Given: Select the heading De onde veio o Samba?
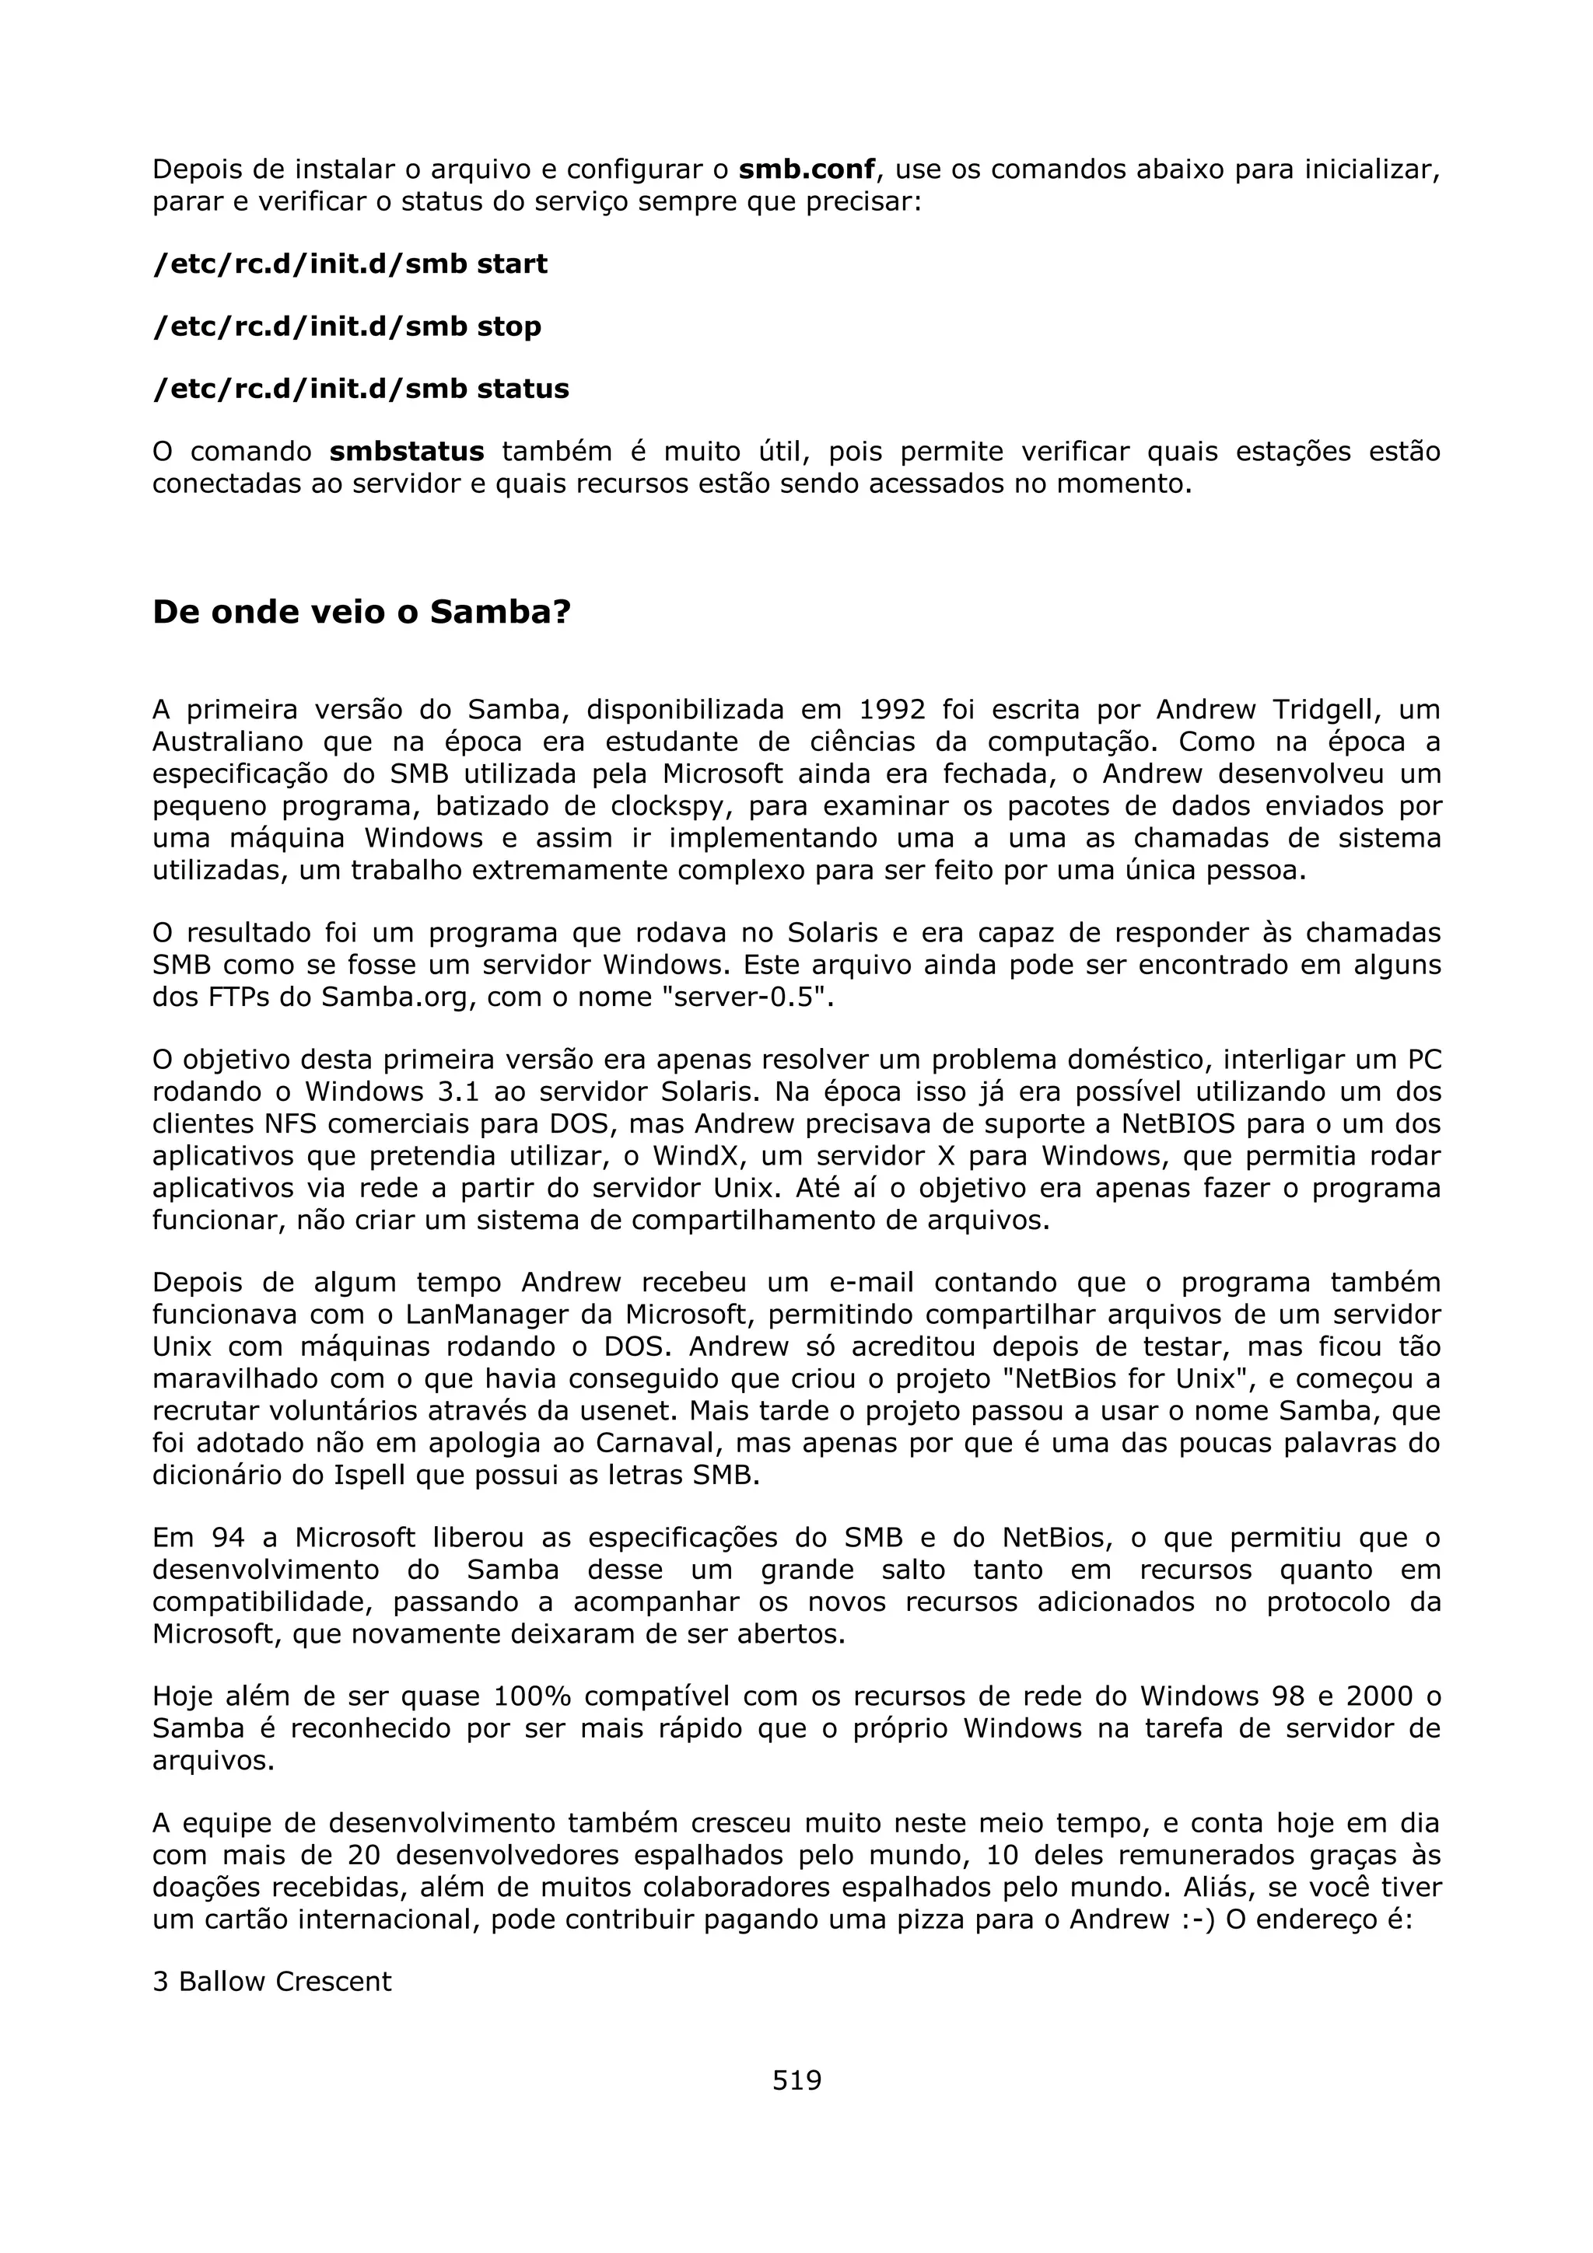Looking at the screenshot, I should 361,613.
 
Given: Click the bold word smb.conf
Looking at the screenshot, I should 806,169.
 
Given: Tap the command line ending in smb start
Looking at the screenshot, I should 350,264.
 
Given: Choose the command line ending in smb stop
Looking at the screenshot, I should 346,327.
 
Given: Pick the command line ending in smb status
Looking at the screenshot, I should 360,389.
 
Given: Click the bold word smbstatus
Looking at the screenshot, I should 406,452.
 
